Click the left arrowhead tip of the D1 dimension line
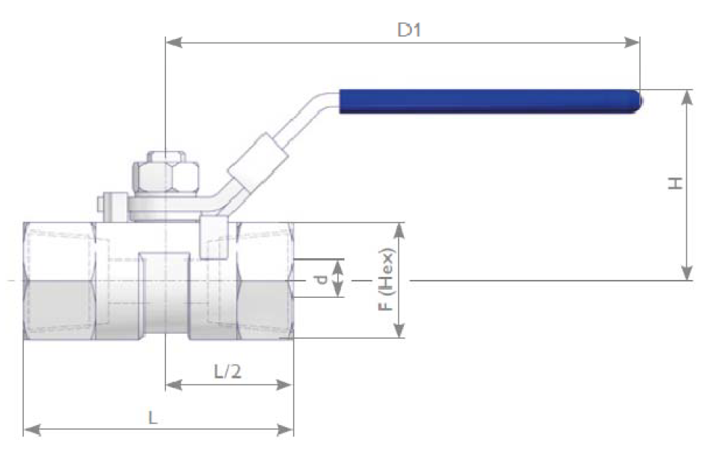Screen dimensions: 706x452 click(166, 43)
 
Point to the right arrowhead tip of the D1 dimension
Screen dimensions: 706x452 click(639, 43)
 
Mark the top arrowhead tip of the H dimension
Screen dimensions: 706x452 click(687, 90)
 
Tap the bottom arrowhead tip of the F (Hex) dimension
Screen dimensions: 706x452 click(399, 337)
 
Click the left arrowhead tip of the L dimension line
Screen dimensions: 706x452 click(23, 430)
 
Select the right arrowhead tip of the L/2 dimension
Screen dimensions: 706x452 click(292, 385)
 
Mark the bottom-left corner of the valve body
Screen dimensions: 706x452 click(23, 339)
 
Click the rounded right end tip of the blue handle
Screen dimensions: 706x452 click(642, 101)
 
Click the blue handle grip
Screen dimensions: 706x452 click(491, 101)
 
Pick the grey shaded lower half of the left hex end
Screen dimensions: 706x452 click(59, 310)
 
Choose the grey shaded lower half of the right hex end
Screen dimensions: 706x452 click(265, 310)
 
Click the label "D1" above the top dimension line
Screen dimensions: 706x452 click(409, 30)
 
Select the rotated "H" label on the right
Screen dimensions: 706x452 click(675, 183)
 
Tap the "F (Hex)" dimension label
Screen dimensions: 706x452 click(386, 279)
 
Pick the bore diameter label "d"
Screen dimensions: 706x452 click(321, 279)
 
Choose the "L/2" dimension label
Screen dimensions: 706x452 click(227, 371)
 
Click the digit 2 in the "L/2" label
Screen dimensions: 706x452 click(236, 371)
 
